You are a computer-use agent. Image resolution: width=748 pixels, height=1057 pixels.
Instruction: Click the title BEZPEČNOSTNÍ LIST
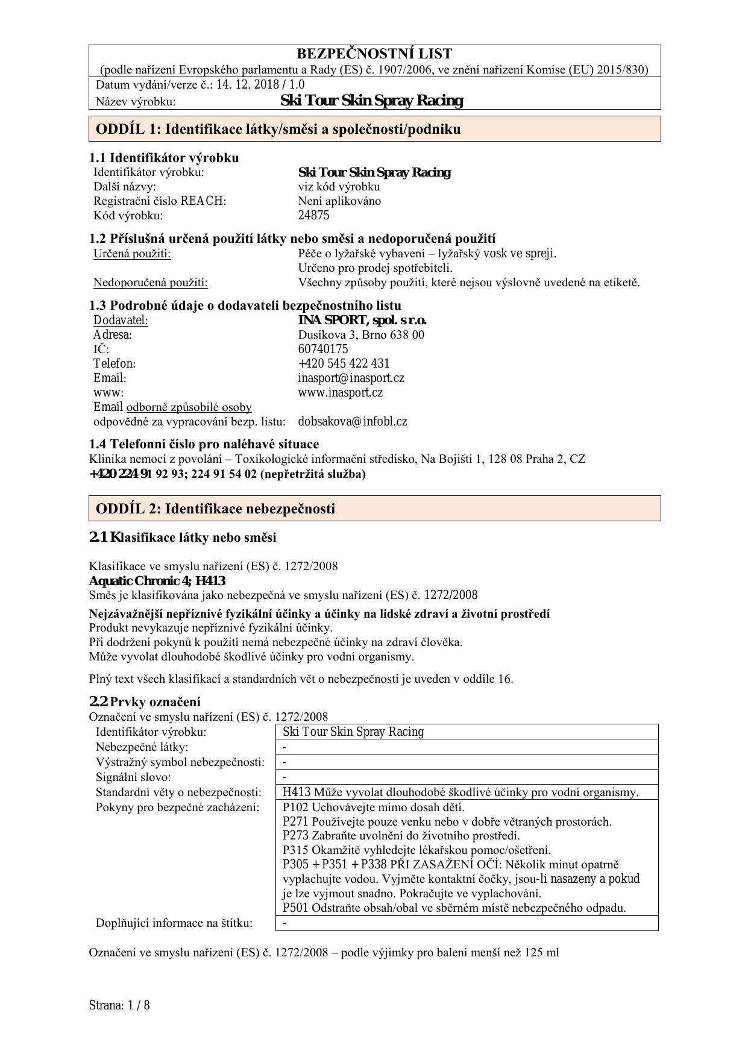(x=374, y=54)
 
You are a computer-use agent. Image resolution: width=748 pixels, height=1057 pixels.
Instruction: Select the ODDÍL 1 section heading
(x=278, y=129)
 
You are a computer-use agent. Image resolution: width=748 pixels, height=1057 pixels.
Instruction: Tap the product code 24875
(x=313, y=215)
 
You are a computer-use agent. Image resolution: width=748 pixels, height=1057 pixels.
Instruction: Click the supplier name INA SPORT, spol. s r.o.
(x=362, y=320)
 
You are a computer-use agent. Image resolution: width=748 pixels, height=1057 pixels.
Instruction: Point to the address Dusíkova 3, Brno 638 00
(x=361, y=334)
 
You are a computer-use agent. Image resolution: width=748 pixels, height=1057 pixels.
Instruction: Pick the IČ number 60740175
(x=323, y=349)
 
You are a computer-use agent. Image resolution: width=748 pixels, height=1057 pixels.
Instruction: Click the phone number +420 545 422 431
(x=344, y=363)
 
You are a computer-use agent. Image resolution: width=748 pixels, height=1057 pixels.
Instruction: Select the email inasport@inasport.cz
(x=351, y=378)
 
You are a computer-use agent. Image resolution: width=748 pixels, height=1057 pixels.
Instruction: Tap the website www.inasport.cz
(x=340, y=392)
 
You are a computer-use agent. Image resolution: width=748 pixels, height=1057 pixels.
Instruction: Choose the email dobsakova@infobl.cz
(x=352, y=421)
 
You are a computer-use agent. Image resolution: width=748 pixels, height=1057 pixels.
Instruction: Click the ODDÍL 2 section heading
(x=215, y=509)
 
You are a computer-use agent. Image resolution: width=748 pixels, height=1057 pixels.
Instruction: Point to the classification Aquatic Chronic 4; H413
(x=157, y=581)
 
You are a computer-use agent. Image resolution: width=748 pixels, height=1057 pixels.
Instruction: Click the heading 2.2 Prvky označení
(x=145, y=701)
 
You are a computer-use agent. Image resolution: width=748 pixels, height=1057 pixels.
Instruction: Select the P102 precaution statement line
(x=373, y=807)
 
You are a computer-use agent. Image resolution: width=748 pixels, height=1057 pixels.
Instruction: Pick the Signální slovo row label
(x=133, y=777)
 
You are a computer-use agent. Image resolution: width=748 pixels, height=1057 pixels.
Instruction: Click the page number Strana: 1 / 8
(x=119, y=1005)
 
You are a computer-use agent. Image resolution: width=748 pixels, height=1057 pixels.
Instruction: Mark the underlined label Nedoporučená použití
(x=150, y=282)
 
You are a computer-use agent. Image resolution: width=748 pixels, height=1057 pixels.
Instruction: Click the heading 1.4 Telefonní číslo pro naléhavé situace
(x=204, y=444)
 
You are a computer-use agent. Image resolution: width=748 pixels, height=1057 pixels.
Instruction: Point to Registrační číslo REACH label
(x=160, y=201)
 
